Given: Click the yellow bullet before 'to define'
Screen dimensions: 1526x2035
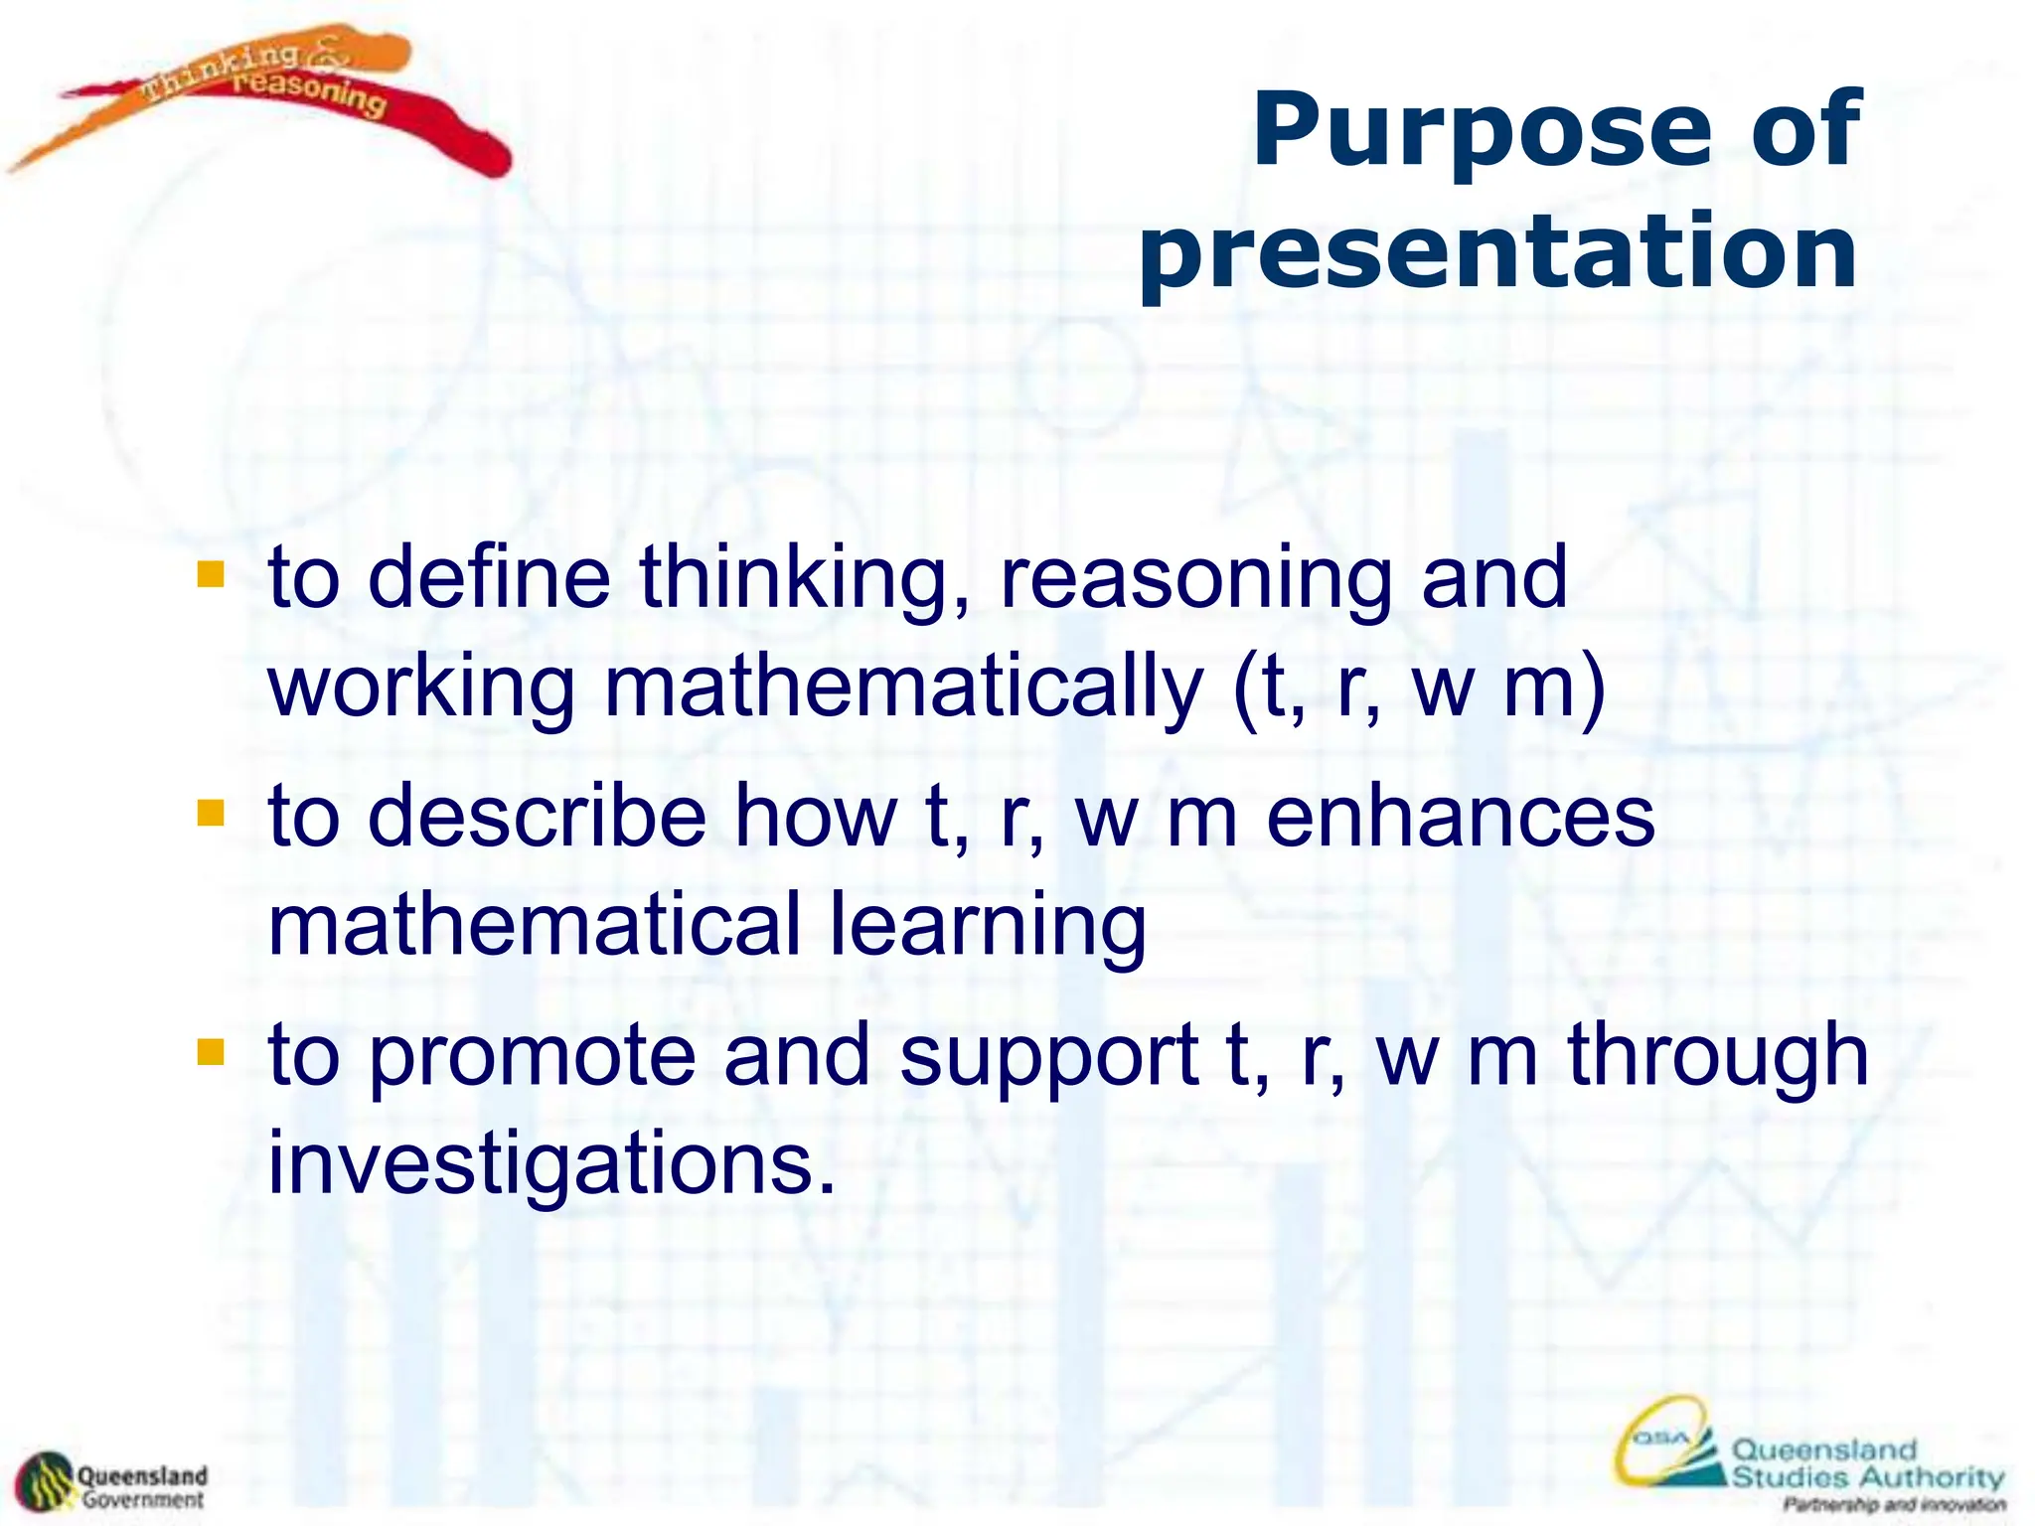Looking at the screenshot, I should tap(211, 575).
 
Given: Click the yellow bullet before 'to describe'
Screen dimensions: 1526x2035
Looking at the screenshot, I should tap(211, 814).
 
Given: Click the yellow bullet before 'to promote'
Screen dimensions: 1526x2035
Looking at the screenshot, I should tap(211, 1052).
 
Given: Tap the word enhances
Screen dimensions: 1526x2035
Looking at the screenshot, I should tap(1461, 818).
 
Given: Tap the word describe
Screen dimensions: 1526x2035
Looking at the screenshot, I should tap(537, 818).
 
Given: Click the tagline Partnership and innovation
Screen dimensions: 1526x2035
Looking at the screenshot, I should tap(1894, 1505).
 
